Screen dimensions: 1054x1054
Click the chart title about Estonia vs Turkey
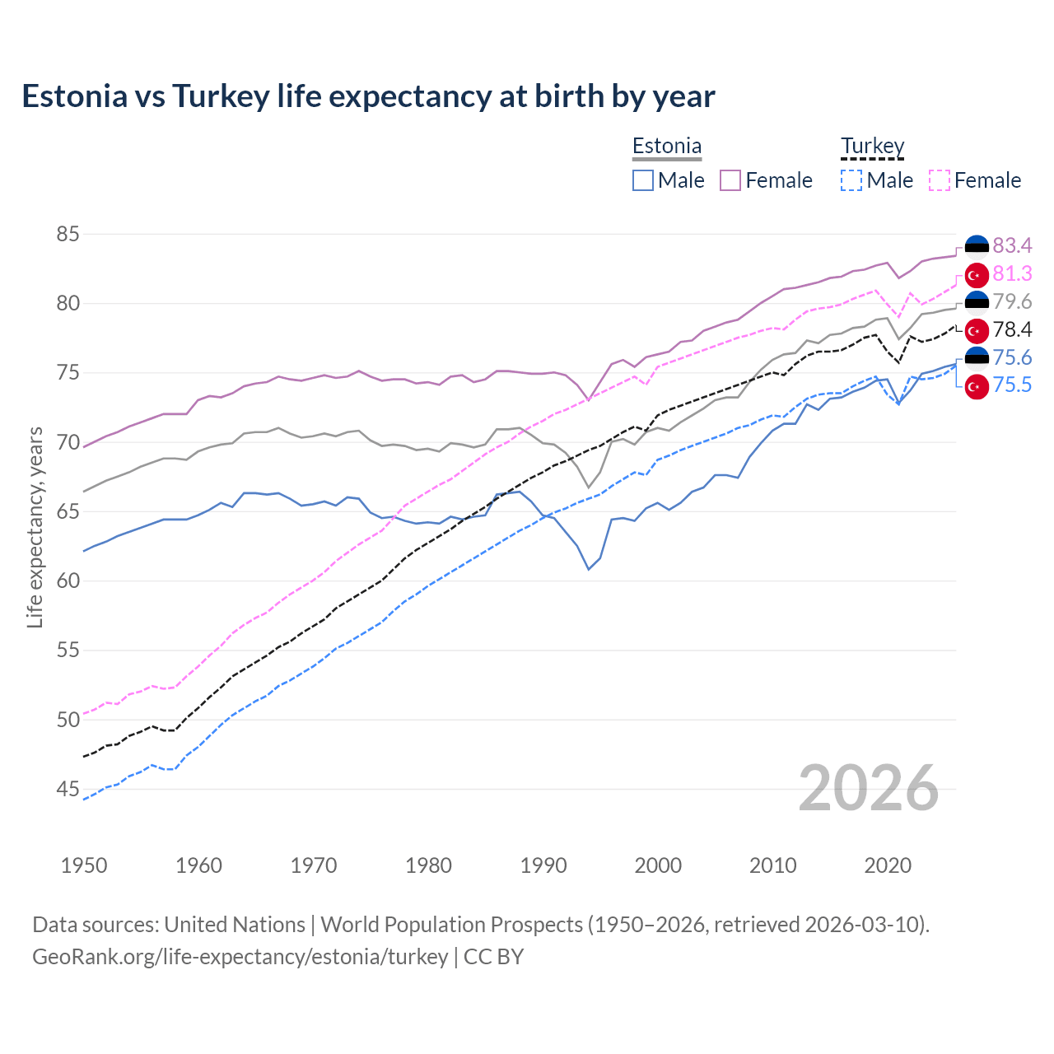coord(368,96)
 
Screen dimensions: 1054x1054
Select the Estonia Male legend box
coord(643,180)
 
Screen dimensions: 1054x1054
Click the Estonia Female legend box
coord(730,180)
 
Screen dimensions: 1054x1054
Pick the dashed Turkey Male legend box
coord(851,180)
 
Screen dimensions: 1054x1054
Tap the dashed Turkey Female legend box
coord(940,180)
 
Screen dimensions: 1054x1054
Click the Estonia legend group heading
coord(667,147)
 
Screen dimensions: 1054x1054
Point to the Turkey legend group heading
coord(872,147)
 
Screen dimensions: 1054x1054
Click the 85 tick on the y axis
coord(68,235)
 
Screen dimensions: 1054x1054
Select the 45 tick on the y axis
coord(68,790)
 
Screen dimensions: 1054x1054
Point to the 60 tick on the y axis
coord(68,581)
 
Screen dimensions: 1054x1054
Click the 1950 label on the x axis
coord(84,865)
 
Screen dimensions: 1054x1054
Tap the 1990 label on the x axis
coord(543,865)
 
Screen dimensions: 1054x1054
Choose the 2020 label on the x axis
coord(888,865)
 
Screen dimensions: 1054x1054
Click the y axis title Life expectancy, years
coord(35,527)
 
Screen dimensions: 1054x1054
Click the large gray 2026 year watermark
coord(869,788)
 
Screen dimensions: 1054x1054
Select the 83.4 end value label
coord(1012,245)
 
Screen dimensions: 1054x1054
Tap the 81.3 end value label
coord(1012,273)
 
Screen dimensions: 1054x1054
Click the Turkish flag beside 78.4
coord(977,330)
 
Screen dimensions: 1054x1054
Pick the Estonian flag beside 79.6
coord(977,302)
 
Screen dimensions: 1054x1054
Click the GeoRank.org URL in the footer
coord(240,957)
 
